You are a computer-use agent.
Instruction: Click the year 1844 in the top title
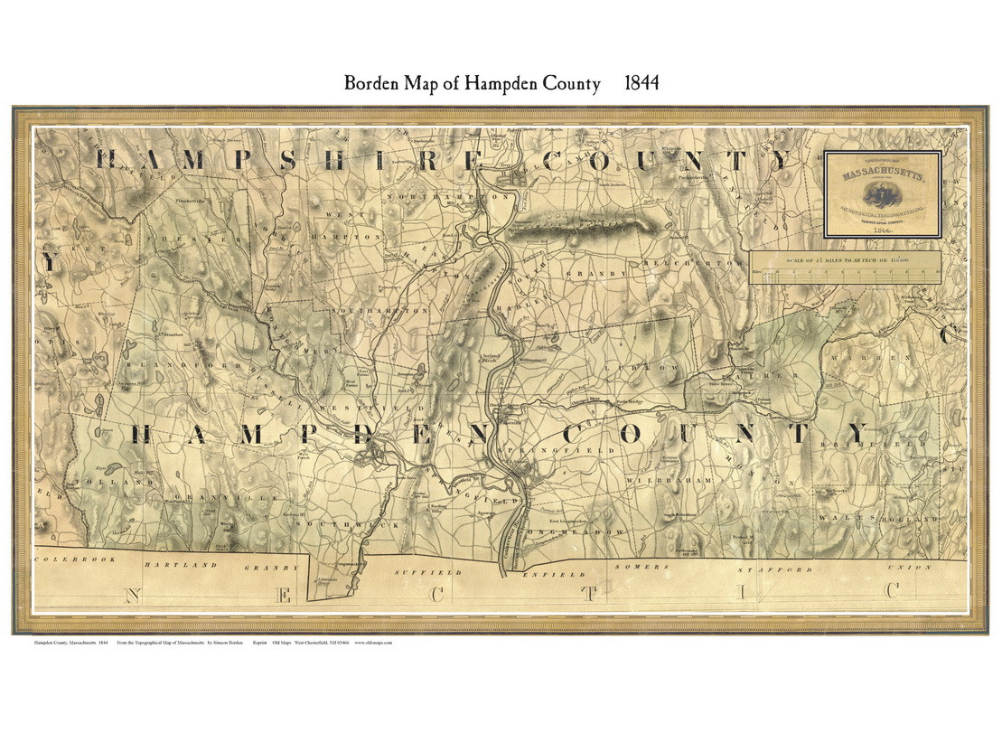click(641, 84)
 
